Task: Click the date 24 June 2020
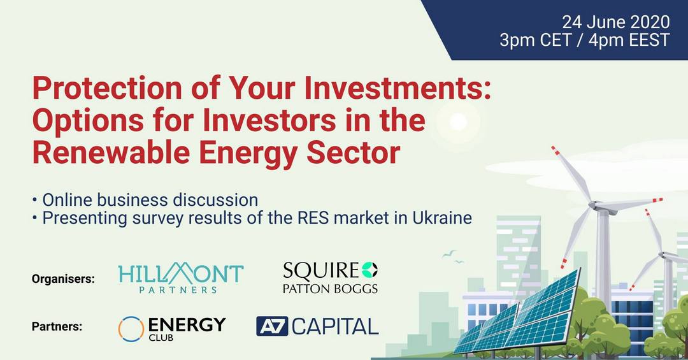(x=616, y=22)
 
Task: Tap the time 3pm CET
(x=535, y=40)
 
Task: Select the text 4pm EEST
(x=629, y=40)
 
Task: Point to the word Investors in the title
(x=270, y=120)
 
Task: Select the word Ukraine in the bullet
(x=442, y=218)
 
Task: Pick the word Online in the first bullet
(x=67, y=200)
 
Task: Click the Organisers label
(x=63, y=279)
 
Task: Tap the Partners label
(x=57, y=327)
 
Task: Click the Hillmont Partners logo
(x=181, y=277)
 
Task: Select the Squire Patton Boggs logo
(x=331, y=277)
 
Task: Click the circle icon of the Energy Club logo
(x=131, y=329)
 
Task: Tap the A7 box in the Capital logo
(x=272, y=326)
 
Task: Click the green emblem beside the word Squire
(x=370, y=270)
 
